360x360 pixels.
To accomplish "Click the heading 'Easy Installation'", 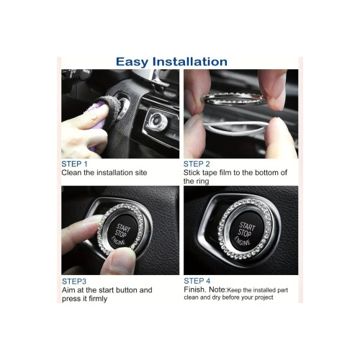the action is coord(171,62).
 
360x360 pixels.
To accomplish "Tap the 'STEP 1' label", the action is coord(74,164).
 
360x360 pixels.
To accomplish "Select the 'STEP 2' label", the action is coord(197,164).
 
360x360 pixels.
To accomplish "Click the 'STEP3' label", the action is coord(74,282).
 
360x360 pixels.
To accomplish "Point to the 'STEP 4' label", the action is coord(197,281).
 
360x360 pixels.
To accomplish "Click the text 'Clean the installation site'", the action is coord(104,173).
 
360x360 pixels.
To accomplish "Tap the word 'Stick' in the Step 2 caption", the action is coord(192,173).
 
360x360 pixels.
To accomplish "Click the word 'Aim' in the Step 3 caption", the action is coord(68,290).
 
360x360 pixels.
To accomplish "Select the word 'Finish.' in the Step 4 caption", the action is coord(195,289).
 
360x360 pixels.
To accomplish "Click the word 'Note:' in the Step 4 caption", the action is coord(217,289).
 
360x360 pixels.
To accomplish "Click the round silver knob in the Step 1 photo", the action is coord(157,121).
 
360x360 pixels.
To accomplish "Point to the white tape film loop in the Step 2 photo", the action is coord(236,128).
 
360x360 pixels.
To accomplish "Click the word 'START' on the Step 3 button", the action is coord(123,228).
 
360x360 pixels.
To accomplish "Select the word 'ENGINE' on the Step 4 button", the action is coord(242,241).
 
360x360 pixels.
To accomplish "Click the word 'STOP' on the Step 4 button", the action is coord(245,233).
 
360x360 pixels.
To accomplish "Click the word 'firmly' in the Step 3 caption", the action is coord(98,299).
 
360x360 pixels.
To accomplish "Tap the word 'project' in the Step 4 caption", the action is coord(264,297).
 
